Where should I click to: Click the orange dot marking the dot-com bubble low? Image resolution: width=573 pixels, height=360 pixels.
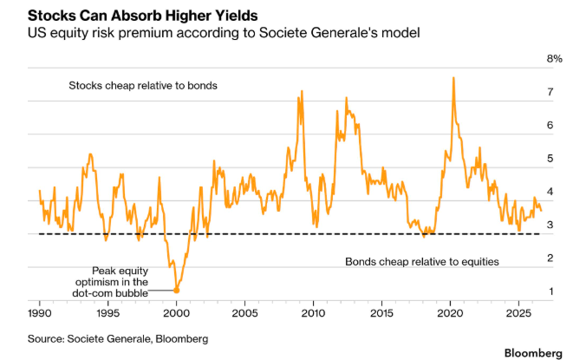point(176,290)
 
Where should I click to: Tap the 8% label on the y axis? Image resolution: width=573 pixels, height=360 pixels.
point(555,58)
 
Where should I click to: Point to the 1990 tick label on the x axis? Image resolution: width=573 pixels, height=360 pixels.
point(40,313)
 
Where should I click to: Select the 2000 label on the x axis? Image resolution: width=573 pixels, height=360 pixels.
point(177,313)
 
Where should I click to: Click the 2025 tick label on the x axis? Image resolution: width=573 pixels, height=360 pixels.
point(518,313)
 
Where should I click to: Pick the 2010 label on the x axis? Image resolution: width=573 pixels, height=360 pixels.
point(313,313)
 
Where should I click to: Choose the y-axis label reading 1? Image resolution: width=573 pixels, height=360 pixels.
point(550,291)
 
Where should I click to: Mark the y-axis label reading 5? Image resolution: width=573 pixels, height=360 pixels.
point(550,159)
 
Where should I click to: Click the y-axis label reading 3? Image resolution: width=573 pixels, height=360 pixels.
point(550,225)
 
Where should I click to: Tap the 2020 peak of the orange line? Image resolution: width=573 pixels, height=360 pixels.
point(453,77)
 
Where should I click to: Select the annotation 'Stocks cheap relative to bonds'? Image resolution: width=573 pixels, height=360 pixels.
point(143,86)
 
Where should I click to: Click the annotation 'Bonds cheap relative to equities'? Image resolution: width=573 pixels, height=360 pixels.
point(422,262)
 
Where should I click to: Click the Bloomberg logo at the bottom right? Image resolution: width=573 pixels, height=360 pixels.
point(533,353)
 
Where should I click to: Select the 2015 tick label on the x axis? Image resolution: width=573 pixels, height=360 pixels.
point(382,313)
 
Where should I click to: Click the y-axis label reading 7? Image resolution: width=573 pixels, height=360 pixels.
point(550,92)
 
